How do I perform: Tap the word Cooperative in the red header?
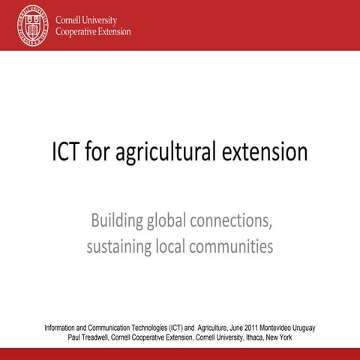(x=78, y=32)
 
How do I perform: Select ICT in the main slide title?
(x=68, y=152)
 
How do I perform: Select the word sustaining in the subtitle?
(x=121, y=245)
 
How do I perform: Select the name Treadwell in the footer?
(x=100, y=338)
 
